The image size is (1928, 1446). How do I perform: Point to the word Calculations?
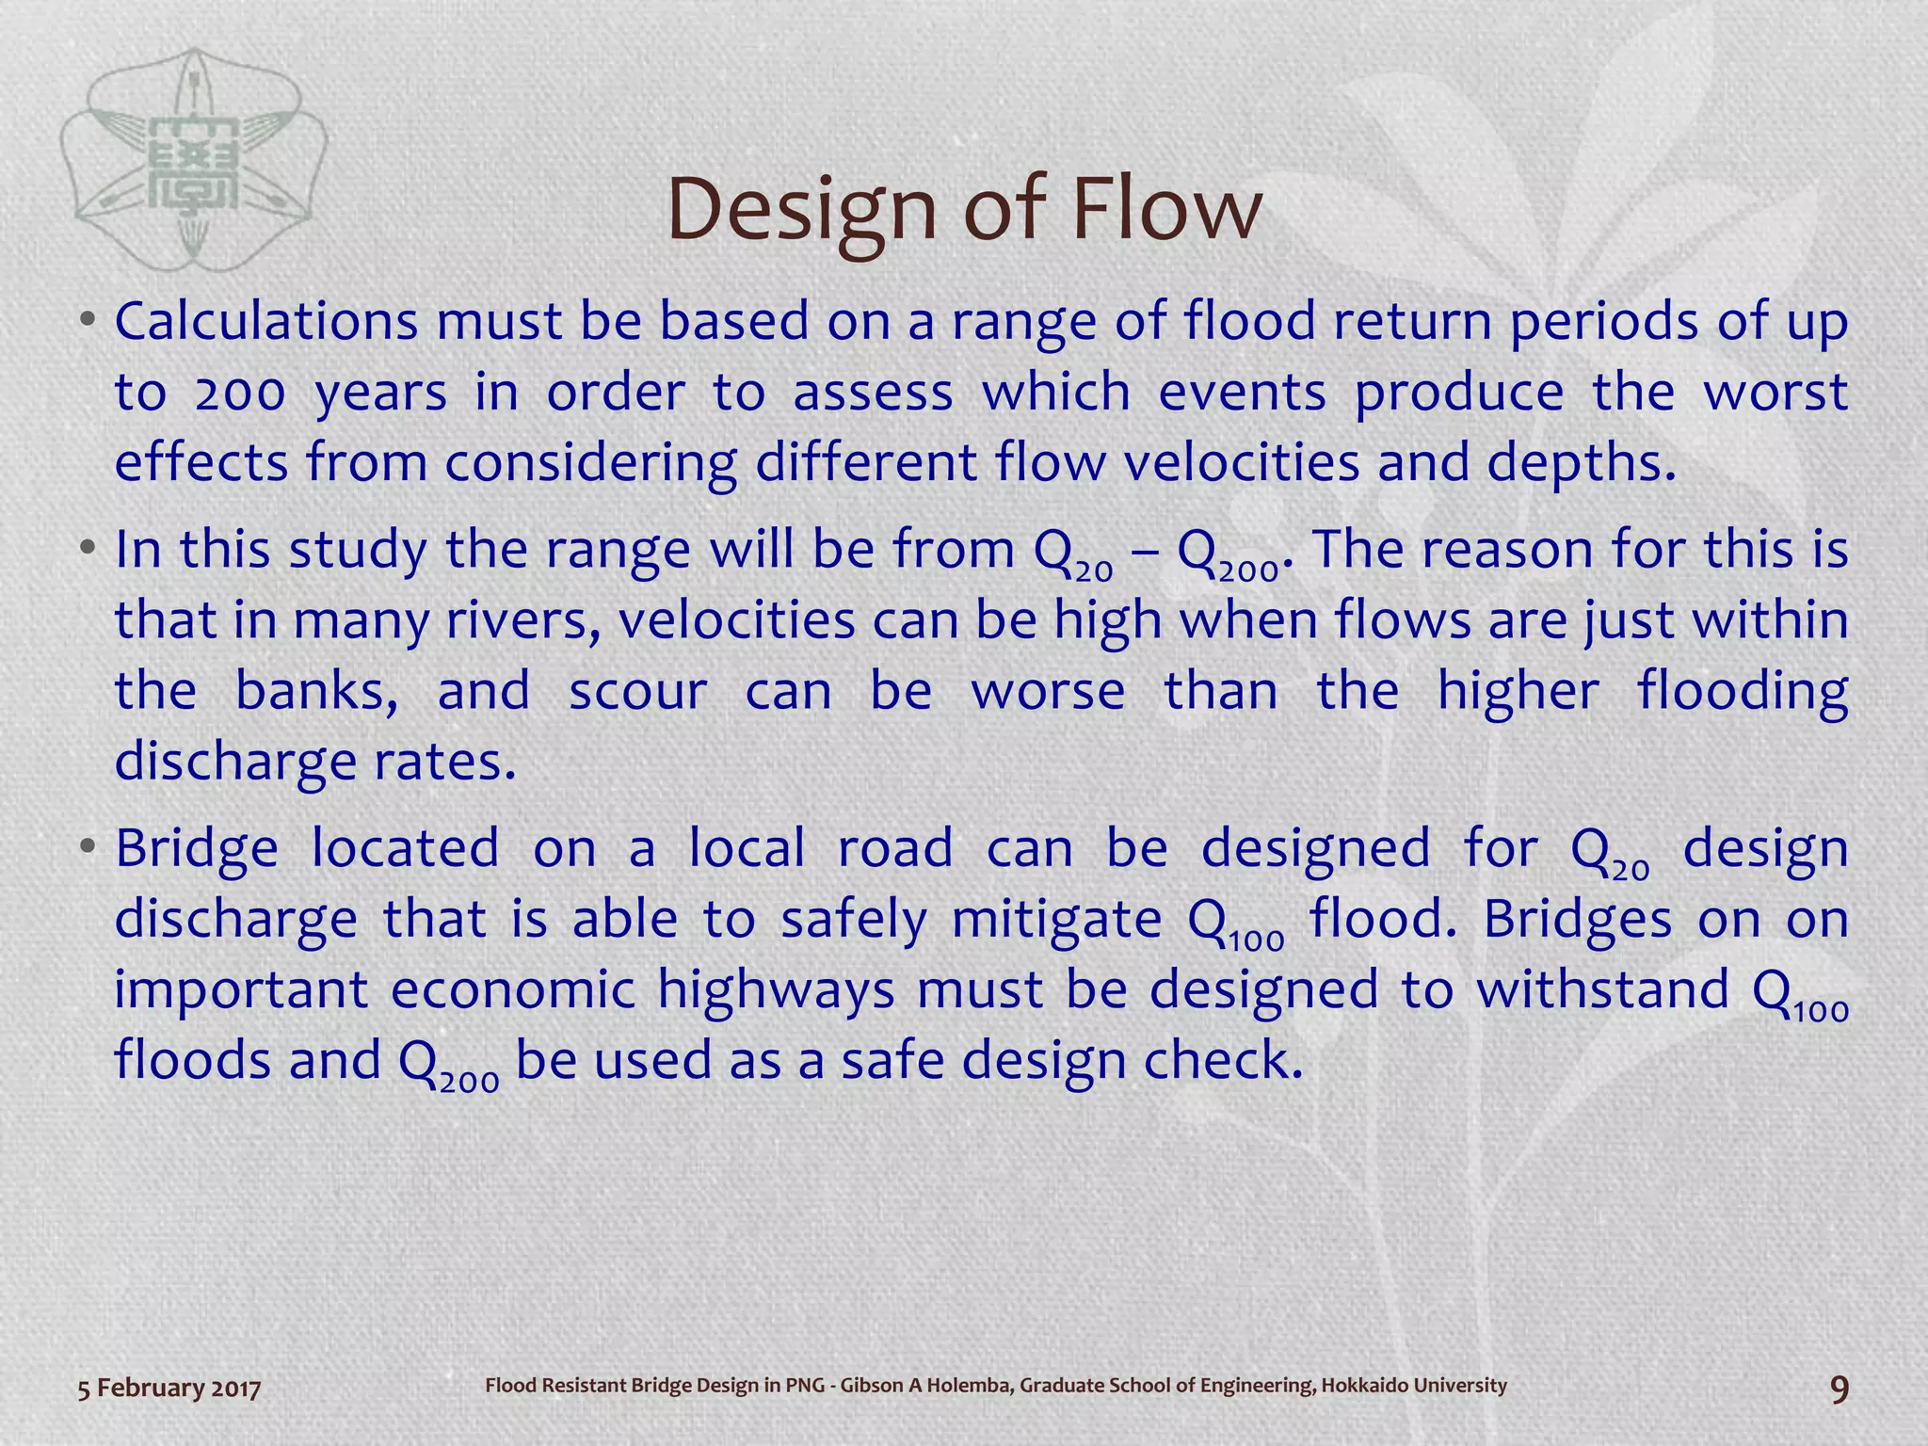(x=266, y=322)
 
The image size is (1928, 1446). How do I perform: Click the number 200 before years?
(x=240, y=394)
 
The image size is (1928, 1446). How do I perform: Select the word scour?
(x=637, y=692)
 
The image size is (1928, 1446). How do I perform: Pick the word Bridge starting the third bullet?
(x=197, y=849)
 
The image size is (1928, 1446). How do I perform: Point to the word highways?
(x=776, y=990)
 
